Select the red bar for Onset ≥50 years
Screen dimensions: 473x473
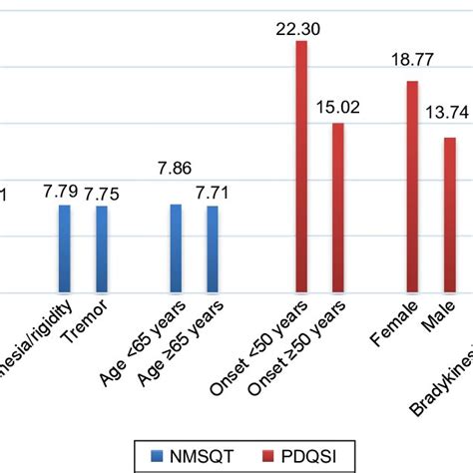tap(338, 209)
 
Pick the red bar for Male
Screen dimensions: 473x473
tap(449, 216)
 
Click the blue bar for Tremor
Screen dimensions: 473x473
tap(102, 249)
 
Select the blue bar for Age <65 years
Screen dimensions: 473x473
tap(176, 249)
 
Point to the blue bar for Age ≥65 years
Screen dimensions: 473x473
tap(213, 249)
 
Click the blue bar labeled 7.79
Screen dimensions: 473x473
tap(65, 249)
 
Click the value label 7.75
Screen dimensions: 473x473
tap(102, 194)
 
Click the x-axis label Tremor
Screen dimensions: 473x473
tap(82, 322)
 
